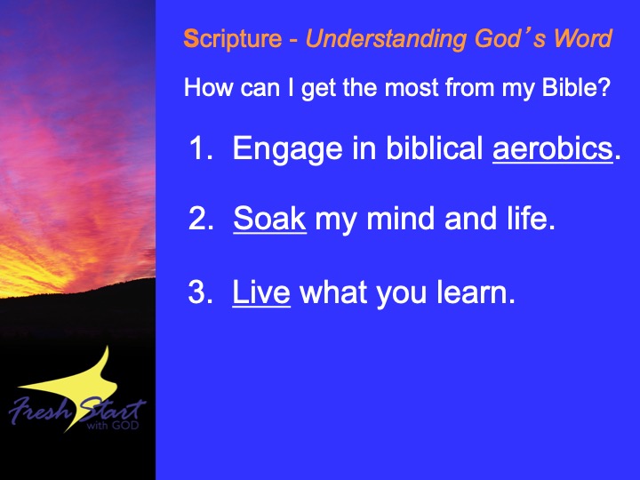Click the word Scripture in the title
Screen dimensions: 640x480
pyautogui.click(x=233, y=40)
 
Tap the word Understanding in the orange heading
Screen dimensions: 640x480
pyautogui.click(x=386, y=40)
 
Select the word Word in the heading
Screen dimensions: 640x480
pyautogui.click(x=582, y=38)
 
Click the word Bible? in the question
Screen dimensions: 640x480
pyautogui.click(x=576, y=87)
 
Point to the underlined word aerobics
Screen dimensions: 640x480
pyautogui.click(x=553, y=148)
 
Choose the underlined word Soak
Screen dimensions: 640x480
pyautogui.click(x=270, y=219)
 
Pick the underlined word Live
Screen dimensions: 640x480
pyautogui.click(x=261, y=292)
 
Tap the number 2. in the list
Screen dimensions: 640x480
pyautogui.click(x=201, y=219)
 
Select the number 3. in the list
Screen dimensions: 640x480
pyautogui.click(x=200, y=292)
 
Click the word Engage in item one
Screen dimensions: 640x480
pyautogui.click(x=287, y=150)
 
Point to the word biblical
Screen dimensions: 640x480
pyautogui.click(x=435, y=148)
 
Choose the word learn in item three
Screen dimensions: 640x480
pyautogui.click(x=473, y=292)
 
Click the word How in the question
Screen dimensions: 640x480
pyautogui.click(x=208, y=87)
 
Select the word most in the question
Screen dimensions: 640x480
pyautogui.click(x=411, y=88)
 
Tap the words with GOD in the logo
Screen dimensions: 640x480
pyautogui.click(x=113, y=425)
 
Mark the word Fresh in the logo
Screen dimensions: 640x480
pyautogui.click(x=39, y=410)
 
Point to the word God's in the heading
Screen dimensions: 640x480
pyautogui.click(x=510, y=39)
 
